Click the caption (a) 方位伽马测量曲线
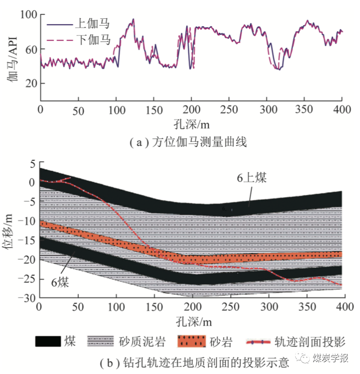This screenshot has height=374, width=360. (x=188, y=142)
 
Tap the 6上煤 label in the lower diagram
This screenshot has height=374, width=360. (x=252, y=178)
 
